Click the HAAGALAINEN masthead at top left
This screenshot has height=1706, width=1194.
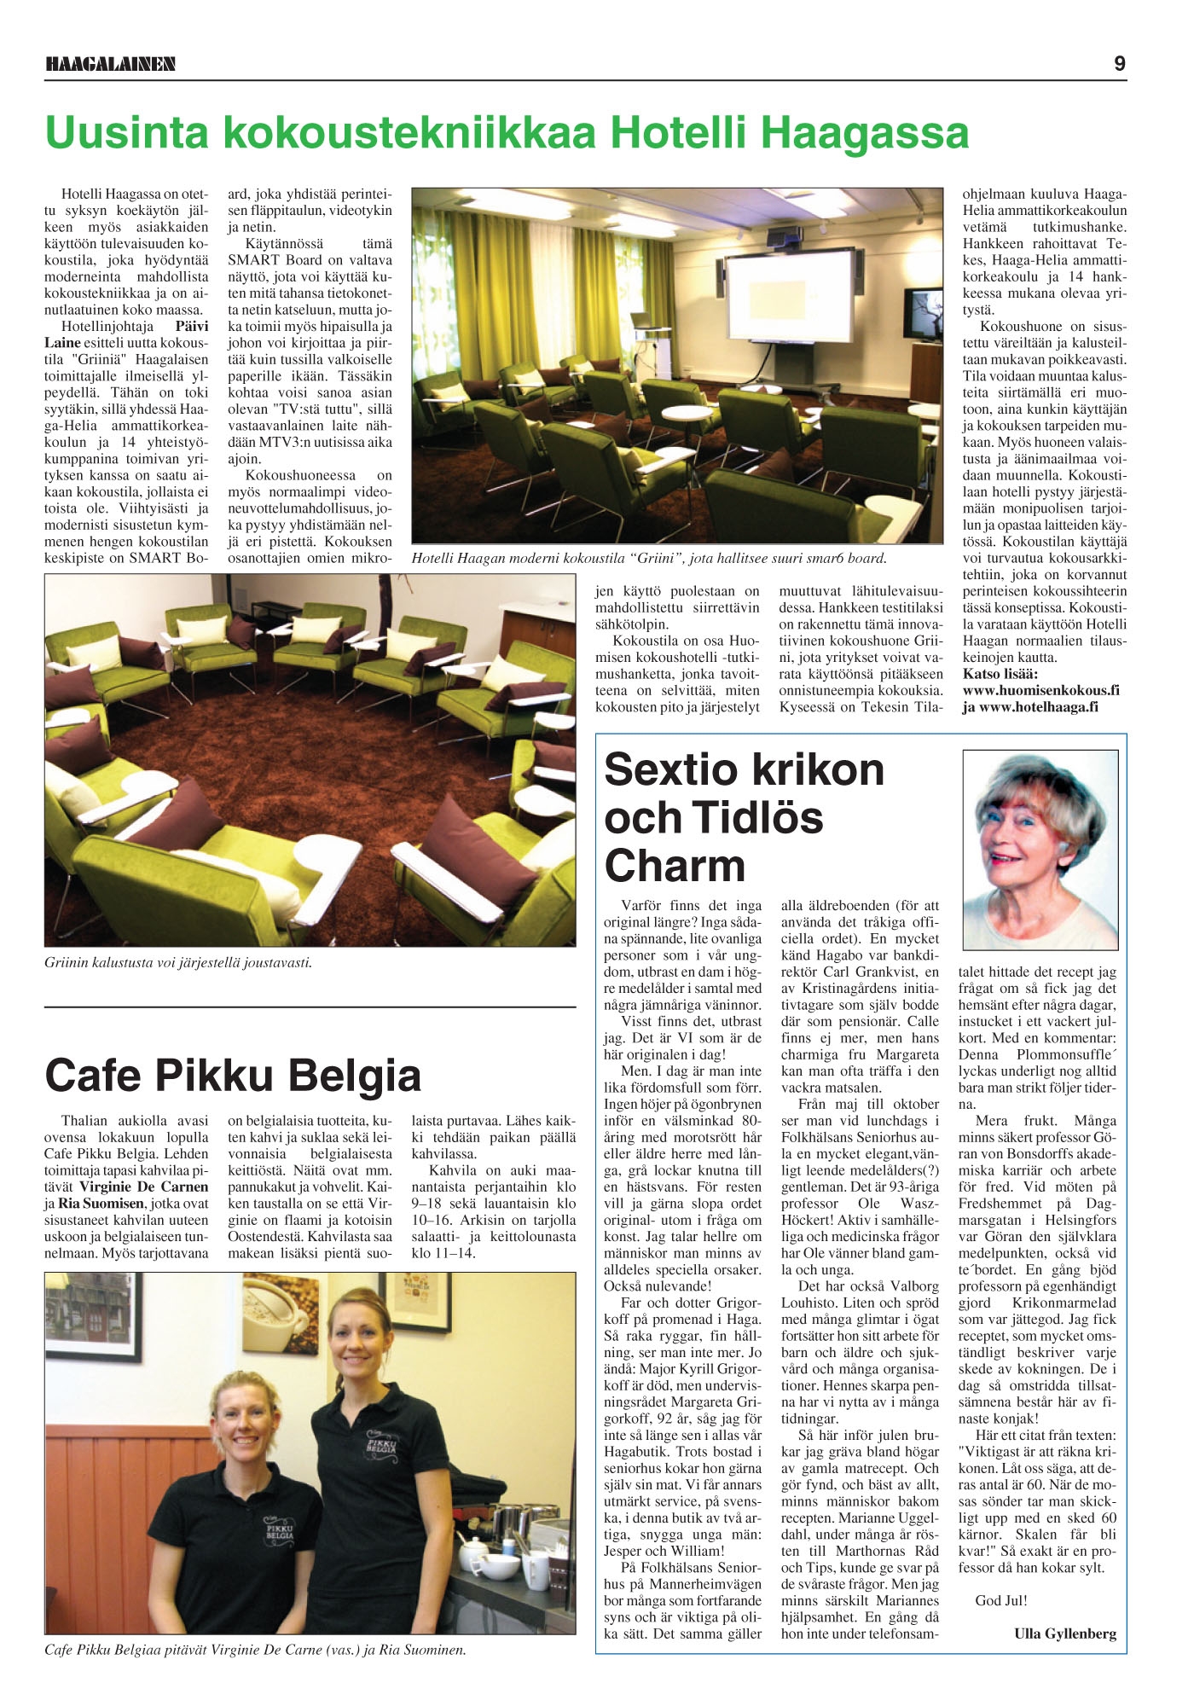[x=110, y=64]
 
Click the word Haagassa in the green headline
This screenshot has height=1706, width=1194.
[x=863, y=132]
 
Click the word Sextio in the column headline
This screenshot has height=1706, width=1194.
[x=665, y=770]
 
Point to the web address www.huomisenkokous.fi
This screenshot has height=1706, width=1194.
[x=1040, y=690]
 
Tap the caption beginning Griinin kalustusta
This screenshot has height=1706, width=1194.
[x=178, y=963]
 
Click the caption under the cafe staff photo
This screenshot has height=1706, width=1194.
[x=255, y=1650]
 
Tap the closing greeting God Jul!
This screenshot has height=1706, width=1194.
[x=1001, y=1600]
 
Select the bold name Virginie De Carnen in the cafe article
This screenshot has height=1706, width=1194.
[x=144, y=1187]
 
